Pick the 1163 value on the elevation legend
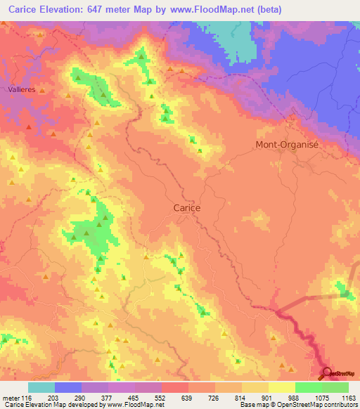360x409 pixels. click(347, 398)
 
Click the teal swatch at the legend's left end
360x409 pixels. click(41, 387)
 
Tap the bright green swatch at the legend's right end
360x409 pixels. click(335, 387)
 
